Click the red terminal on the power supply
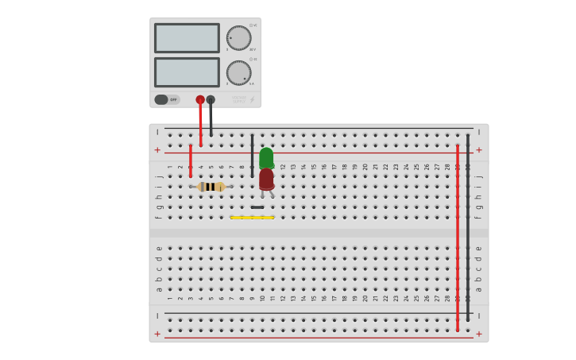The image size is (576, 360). click(x=200, y=100)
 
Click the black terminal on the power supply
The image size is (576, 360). click(x=211, y=100)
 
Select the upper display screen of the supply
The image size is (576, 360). click(x=187, y=38)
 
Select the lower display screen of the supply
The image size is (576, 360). click(x=187, y=72)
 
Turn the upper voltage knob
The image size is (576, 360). click(x=238, y=37)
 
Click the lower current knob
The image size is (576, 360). click(x=238, y=72)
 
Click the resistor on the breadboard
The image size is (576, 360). click(x=211, y=187)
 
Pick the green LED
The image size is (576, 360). click(x=266, y=157)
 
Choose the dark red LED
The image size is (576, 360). click(x=266, y=179)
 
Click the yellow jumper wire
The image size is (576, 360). click(x=252, y=217)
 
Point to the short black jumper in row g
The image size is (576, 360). click(x=257, y=207)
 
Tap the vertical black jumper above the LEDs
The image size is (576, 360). click(x=252, y=155)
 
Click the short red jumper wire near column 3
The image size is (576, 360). click(x=191, y=161)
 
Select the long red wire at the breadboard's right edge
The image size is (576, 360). click(x=458, y=238)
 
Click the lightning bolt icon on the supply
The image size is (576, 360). click(x=252, y=100)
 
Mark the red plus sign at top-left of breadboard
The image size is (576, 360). click(x=157, y=149)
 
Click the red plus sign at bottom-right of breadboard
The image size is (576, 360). click(x=478, y=334)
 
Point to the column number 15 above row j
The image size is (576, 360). click(x=314, y=167)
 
